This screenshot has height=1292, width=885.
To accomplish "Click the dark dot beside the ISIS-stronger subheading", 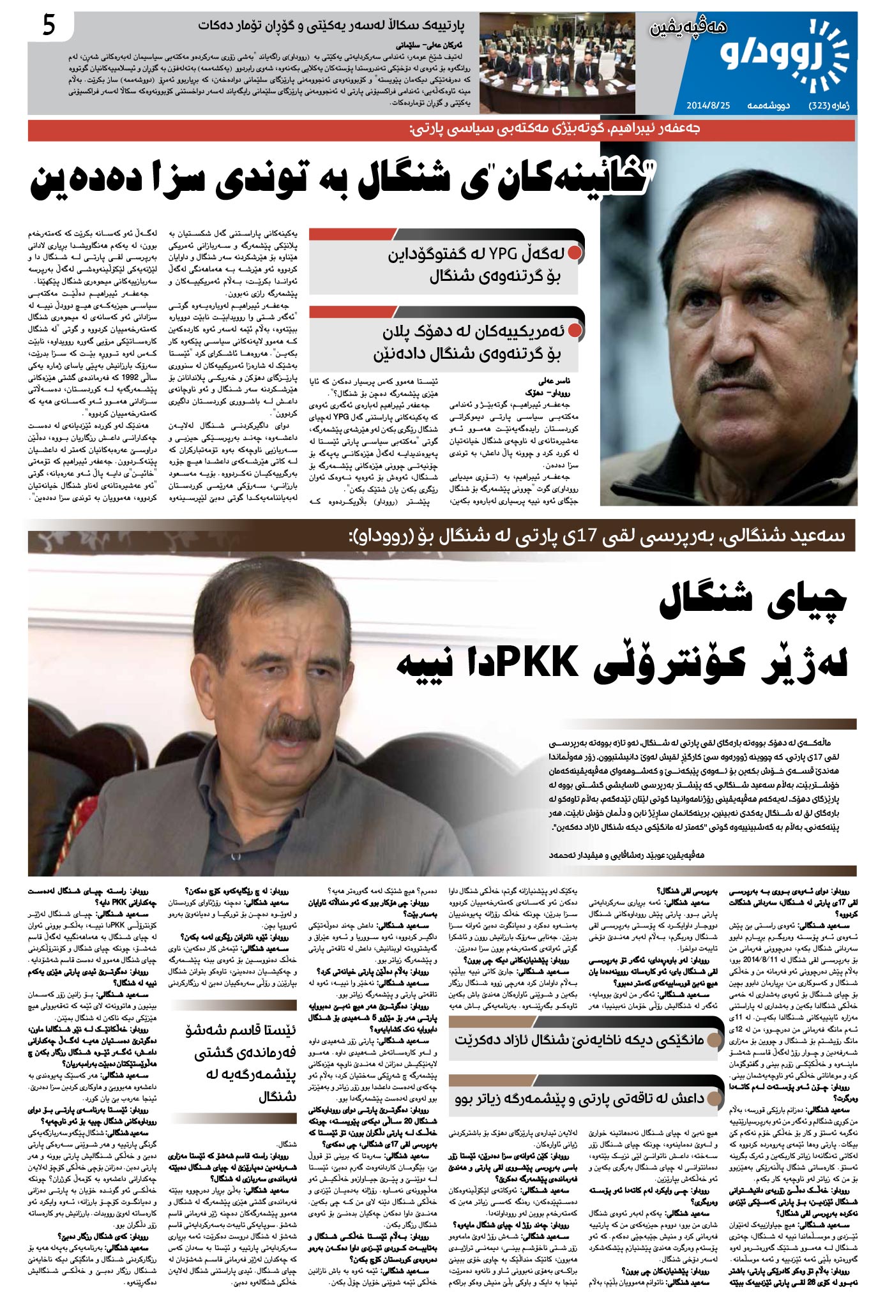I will coord(713,1098).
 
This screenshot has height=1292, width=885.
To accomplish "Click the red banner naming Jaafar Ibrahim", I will coord(441,130).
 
